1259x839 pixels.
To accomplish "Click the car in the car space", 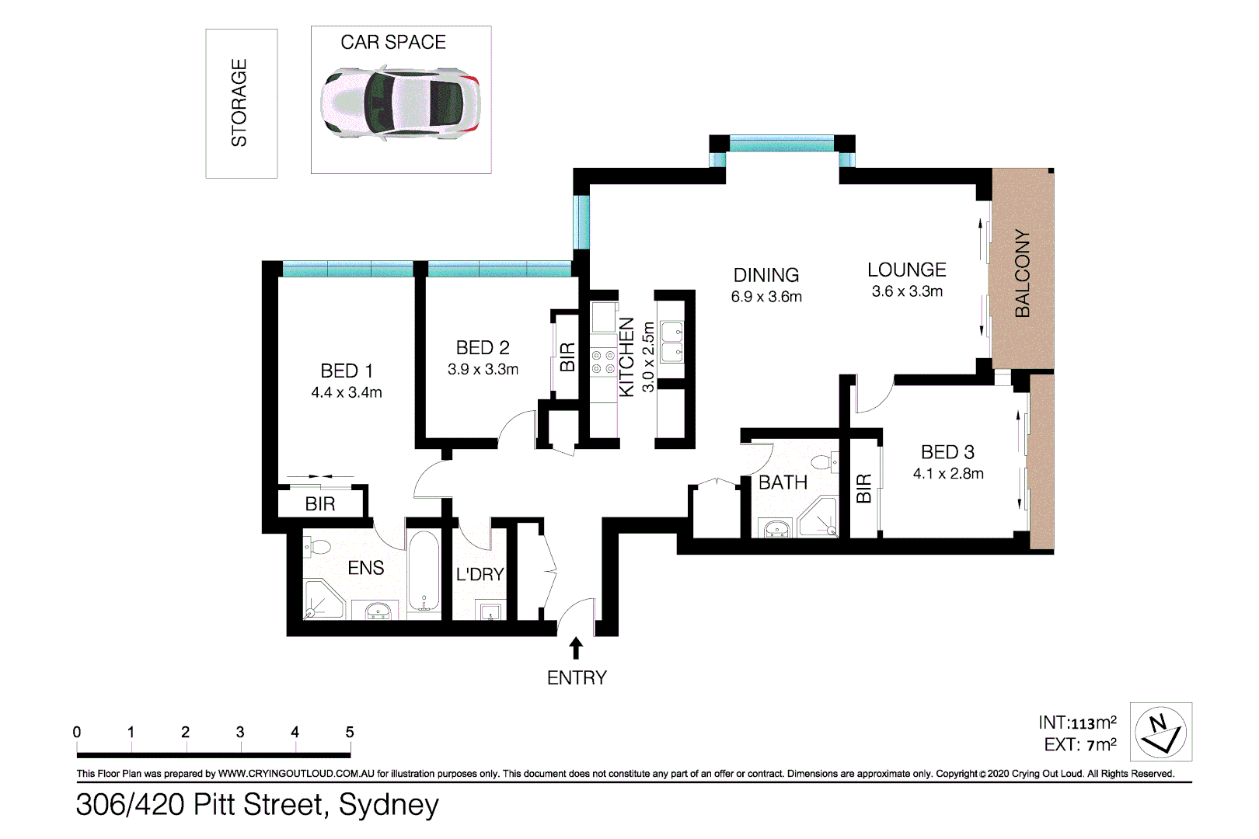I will [x=401, y=103].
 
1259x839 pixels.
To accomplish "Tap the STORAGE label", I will [x=239, y=103].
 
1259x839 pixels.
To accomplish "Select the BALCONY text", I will [x=1023, y=273].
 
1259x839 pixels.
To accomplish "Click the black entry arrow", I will [x=576, y=648].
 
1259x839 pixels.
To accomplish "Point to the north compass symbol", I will [x=1160, y=733].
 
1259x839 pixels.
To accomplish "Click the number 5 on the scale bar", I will [x=350, y=732].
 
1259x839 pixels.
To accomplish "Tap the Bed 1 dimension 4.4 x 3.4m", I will [x=347, y=393].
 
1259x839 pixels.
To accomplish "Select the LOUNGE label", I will [x=907, y=270].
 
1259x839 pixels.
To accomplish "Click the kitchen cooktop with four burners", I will [x=603, y=362].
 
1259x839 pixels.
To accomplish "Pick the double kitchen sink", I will [x=671, y=343].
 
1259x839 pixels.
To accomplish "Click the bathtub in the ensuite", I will [x=424, y=571].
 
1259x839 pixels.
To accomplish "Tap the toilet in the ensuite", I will [x=317, y=546].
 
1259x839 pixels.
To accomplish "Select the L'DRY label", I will [x=480, y=574].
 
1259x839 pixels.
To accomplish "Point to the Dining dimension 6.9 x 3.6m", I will [x=766, y=297].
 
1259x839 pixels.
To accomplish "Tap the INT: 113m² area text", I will [x=1077, y=723].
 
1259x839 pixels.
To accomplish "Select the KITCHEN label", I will [x=626, y=357].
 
